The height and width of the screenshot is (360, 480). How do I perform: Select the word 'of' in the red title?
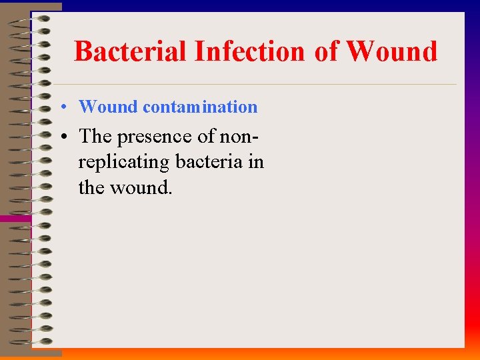point(327,51)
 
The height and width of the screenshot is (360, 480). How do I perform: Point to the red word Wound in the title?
point(392,51)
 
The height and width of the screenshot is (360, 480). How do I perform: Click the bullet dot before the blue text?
point(61,107)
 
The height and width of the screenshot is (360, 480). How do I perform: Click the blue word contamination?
point(199,107)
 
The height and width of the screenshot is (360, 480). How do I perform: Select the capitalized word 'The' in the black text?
point(95,136)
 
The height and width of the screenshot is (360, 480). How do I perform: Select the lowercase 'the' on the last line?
point(91,188)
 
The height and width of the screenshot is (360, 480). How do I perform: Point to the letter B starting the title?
point(83,51)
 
